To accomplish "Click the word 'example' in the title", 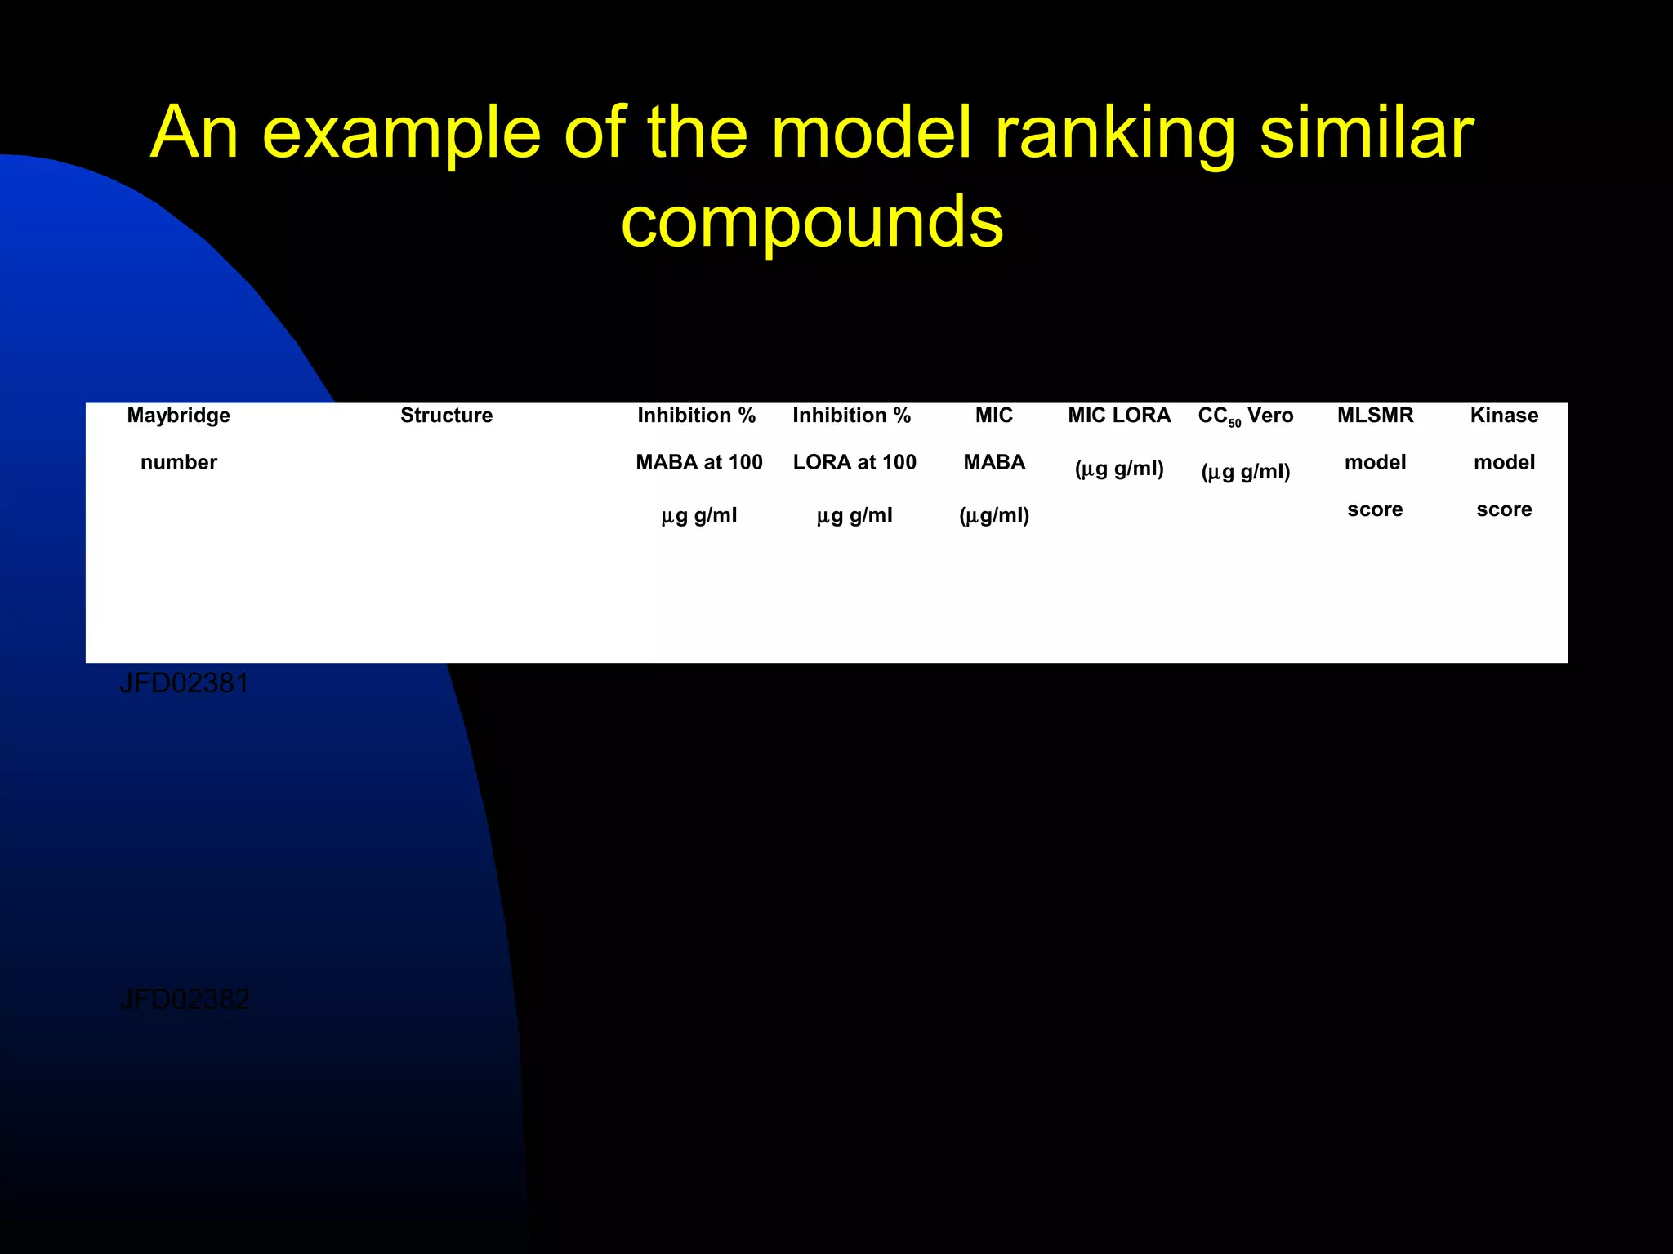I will point(401,135).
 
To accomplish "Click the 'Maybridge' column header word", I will point(178,416).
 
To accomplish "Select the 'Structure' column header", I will point(446,416).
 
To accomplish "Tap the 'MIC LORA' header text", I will point(1119,416).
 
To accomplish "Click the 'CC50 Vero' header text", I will point(1245,416).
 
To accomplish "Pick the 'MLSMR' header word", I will point(1375,416).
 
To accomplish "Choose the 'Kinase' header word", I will point(1504,416).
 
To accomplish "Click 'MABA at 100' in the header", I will point(698,463).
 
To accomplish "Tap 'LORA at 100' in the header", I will point(854,463).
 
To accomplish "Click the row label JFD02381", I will point(184,683).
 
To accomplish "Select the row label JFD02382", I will point(184,999).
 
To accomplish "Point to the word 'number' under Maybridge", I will point(178,463).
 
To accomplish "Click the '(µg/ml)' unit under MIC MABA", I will point(993,516).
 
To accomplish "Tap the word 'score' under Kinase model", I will point(1504,509).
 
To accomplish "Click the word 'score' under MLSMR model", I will point(1375,509).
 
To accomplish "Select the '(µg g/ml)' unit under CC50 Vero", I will point(1245,472).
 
